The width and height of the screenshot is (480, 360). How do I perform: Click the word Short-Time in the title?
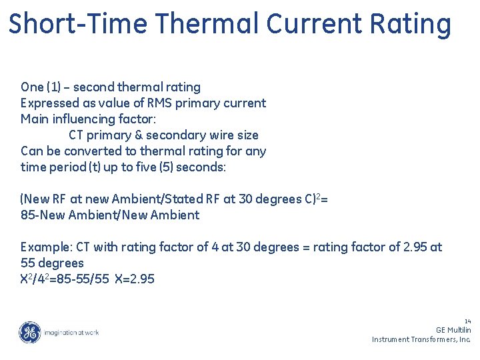(79, 24)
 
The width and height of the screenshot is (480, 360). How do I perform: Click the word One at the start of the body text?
(31, 87)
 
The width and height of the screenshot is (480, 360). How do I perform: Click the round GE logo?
(29, 332)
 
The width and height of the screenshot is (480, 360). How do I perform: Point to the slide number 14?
(467, 321)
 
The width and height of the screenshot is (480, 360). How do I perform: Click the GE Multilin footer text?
(453, 330)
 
